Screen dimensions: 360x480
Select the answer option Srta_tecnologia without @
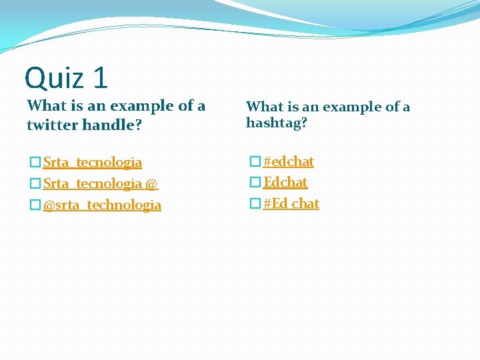tap(92, 162)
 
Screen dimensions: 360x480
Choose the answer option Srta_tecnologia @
tap(100, 183)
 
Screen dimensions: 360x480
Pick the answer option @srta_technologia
tap(101, 205)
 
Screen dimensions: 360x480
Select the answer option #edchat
tap(288, 161)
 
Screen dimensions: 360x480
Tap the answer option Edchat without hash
tap(285, 182)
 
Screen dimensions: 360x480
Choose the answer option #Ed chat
tap(291, 203)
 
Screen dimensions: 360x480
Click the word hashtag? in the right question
tap(277, 123)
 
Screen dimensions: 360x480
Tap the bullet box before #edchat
tap(254, 161)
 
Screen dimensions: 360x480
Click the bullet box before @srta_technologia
tap(35, 205)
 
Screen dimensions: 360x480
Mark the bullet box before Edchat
tap(254, 182)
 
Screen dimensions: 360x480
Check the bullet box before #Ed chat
tap(254, 203)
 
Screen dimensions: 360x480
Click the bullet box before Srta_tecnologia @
tap(35, 183)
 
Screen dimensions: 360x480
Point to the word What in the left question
tap(46, 106)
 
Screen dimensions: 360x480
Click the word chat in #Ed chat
tap(305, 203)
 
